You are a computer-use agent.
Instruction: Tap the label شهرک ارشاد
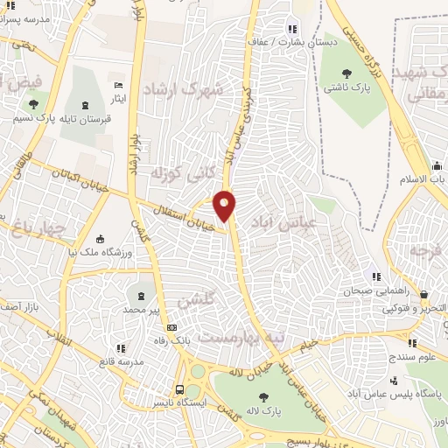click(185, 91)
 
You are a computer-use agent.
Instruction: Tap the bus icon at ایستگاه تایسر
click(179, 389)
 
